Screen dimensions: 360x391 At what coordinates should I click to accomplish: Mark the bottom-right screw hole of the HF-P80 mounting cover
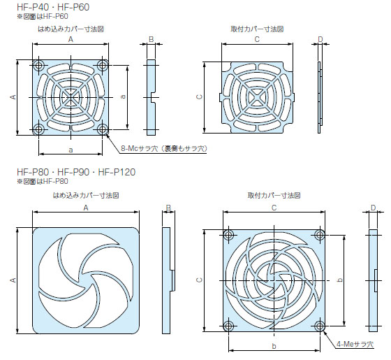[319, 325]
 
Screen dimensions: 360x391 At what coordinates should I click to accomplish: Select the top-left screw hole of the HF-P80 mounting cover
[228, 234]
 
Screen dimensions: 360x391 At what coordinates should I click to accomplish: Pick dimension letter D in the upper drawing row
[320, 39]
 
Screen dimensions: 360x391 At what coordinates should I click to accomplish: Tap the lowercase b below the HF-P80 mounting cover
[274, 346]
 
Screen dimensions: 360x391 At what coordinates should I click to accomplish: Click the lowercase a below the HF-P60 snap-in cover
[71, 150]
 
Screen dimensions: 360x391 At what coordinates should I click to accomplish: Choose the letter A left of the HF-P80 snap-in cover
[13, 280]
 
